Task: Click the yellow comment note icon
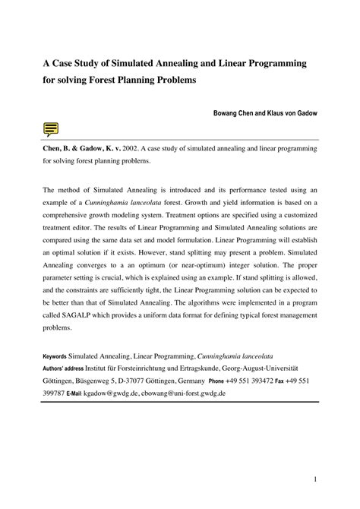point(52,129)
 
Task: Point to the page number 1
point(314,480)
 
